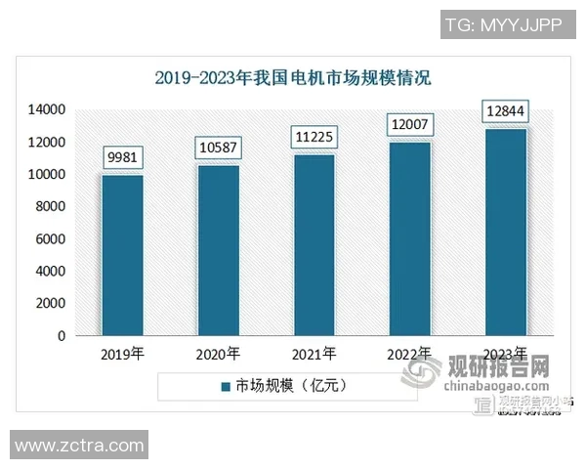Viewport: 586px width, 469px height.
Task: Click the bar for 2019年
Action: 122,255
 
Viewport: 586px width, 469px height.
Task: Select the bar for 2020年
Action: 218,250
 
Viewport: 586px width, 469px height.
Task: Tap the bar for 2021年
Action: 314,244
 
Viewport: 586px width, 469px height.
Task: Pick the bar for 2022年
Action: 410,238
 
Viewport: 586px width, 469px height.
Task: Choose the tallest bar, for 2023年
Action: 506,232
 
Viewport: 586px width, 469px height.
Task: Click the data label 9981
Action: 122,157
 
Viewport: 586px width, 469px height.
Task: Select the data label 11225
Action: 314,138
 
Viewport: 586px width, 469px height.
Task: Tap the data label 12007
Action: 410,125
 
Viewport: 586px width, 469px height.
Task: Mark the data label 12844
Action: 506,112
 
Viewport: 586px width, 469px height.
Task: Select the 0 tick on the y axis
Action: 62,336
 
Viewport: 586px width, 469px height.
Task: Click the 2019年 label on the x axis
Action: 122,354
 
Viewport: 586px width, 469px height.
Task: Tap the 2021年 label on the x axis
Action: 314,354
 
